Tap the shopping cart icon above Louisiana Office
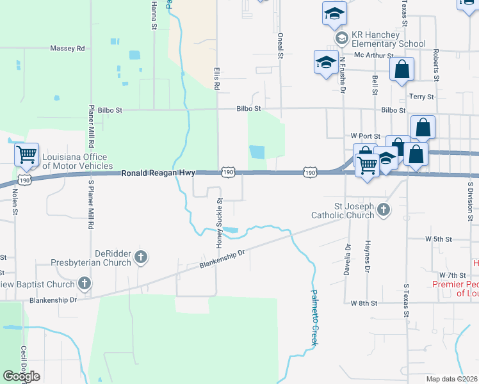point(26,154)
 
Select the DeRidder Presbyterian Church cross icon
point(141,259)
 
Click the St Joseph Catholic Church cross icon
point(383,210)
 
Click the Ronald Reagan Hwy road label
point(158,173)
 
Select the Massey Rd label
point(67,48)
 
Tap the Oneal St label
point(280,46)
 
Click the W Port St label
point(366,136)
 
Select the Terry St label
point(421,97)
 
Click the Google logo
point(21,376)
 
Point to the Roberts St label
point(435,65)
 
